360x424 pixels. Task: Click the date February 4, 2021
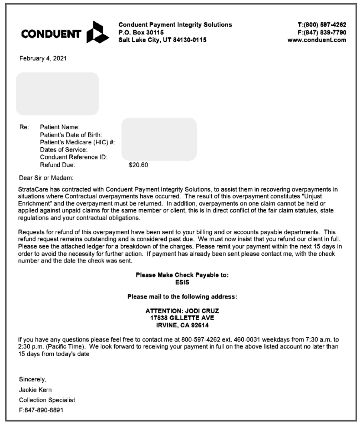(43, 59)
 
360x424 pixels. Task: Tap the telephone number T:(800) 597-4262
(319, 25)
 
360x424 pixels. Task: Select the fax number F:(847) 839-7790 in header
(319, 32)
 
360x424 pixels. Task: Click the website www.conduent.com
(317, 40)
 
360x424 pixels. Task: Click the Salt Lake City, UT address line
(162, 40)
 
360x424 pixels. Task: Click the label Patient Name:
(60, 127)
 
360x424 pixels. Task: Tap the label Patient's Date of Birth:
(71, 135)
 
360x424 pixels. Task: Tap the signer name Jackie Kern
(35, 389)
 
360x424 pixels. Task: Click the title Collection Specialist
(47, 400)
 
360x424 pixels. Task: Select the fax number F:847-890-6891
(41, 410)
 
